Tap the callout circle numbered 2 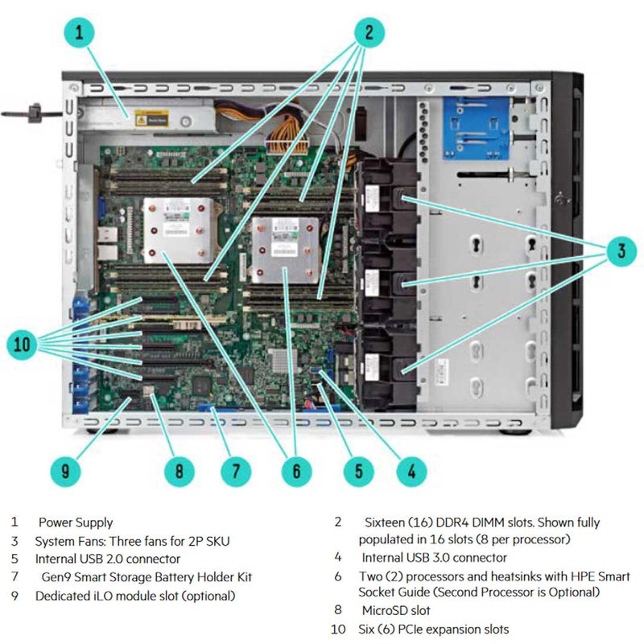tap(368, 32)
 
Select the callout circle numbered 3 tap(620, 252)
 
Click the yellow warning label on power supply tap(151, 117)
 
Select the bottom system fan tap(385, 365)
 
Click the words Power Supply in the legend tap(76, 522)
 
